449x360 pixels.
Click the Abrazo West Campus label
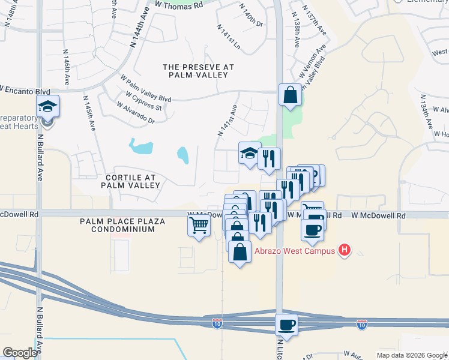tap(294, 251)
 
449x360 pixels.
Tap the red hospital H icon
tap(345, 250)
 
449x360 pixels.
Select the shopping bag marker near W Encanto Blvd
tap(290, 95)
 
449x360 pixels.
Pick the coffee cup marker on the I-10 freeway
tap(287, 325)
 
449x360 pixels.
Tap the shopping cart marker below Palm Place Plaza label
tap(199, 226)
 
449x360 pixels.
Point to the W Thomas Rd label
tap(179, 5)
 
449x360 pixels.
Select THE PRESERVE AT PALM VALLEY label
tap(198, 71)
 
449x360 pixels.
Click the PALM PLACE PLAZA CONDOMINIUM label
tap(122, 225)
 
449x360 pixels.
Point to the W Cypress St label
tap(144, 101)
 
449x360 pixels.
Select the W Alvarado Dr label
tap(136, 113)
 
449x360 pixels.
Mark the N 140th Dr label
tap(251, 14)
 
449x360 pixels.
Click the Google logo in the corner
tap(20, 353)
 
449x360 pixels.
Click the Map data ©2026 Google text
tap(411, 355)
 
